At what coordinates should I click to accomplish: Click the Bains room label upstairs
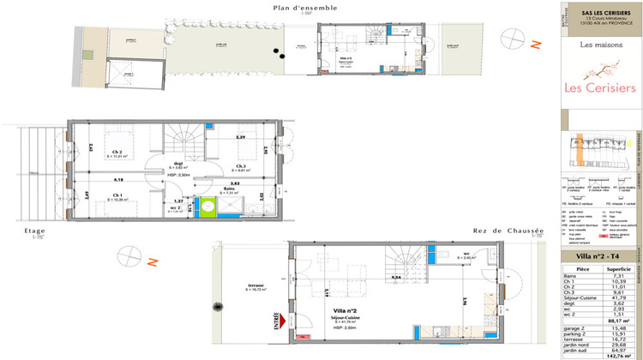click(x=220, y=191)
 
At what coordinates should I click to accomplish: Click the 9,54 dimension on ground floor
click(x=396, y=279)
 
